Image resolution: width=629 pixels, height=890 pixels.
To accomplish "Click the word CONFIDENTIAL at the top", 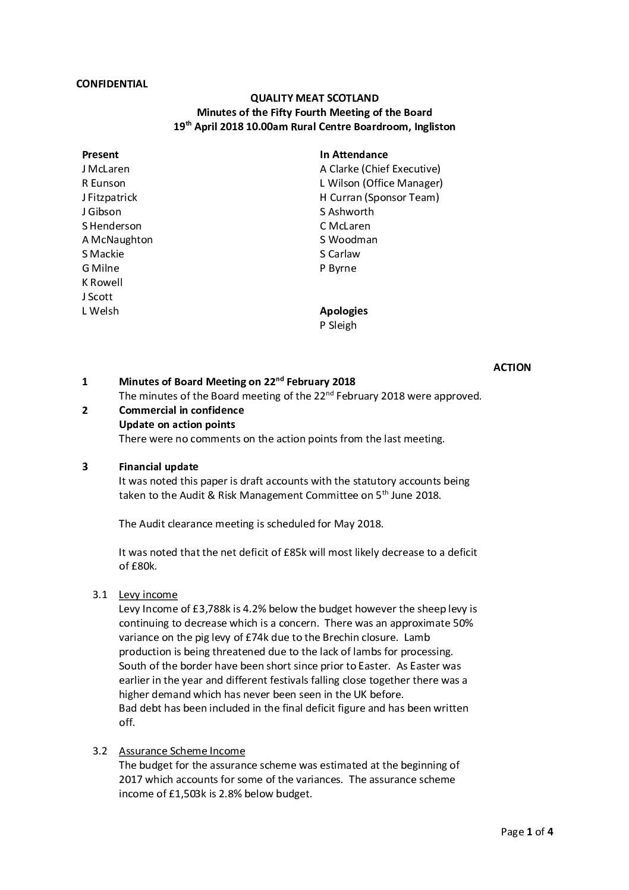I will pyautogui.click(x=112, y=84).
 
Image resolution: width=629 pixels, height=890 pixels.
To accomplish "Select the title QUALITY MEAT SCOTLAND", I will pyautogui.click(x=314, y=98).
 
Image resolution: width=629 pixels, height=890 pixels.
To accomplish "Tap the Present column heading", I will pyautogui.click(x=100, y=155).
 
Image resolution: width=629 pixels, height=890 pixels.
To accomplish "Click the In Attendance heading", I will pyautogui.click(x=354, y=155).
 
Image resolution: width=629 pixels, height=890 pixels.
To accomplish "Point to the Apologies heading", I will pyautogui.click(x=344, y=310).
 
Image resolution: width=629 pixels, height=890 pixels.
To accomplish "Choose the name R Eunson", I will pyautogui.click(x=103, y=183).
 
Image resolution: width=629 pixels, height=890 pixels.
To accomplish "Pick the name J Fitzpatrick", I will pyautogui.click(x=109, y=197).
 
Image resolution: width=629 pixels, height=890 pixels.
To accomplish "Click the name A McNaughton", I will pyautogui.click(x=117, y=240).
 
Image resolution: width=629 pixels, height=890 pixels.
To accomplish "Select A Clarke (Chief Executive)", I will pyautogui.click(x=380, y=169).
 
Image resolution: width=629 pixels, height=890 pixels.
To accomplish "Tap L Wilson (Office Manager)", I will pyautogui.click(x=381, y=183).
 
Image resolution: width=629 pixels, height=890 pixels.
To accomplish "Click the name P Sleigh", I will pyautogui.click(x=338, y=325).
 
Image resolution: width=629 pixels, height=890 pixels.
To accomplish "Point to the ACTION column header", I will pyautogui.click(x=512, y=367).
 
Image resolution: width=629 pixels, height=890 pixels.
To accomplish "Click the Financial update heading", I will pyautogui.click(x=159, y=467).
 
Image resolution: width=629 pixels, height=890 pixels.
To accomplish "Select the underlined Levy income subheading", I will pyautogui.click(x=148, y=595).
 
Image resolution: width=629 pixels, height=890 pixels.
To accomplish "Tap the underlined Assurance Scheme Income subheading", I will pyautogui.click(x=181, y=751).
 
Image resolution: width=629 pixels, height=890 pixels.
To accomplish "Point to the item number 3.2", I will pyautogui.click(x=99, y=751).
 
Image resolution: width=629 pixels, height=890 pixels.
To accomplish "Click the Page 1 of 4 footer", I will pyautogui.click(x=527, y=832).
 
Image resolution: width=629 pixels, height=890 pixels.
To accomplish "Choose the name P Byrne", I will pyautogui.click(x=338, y=268).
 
